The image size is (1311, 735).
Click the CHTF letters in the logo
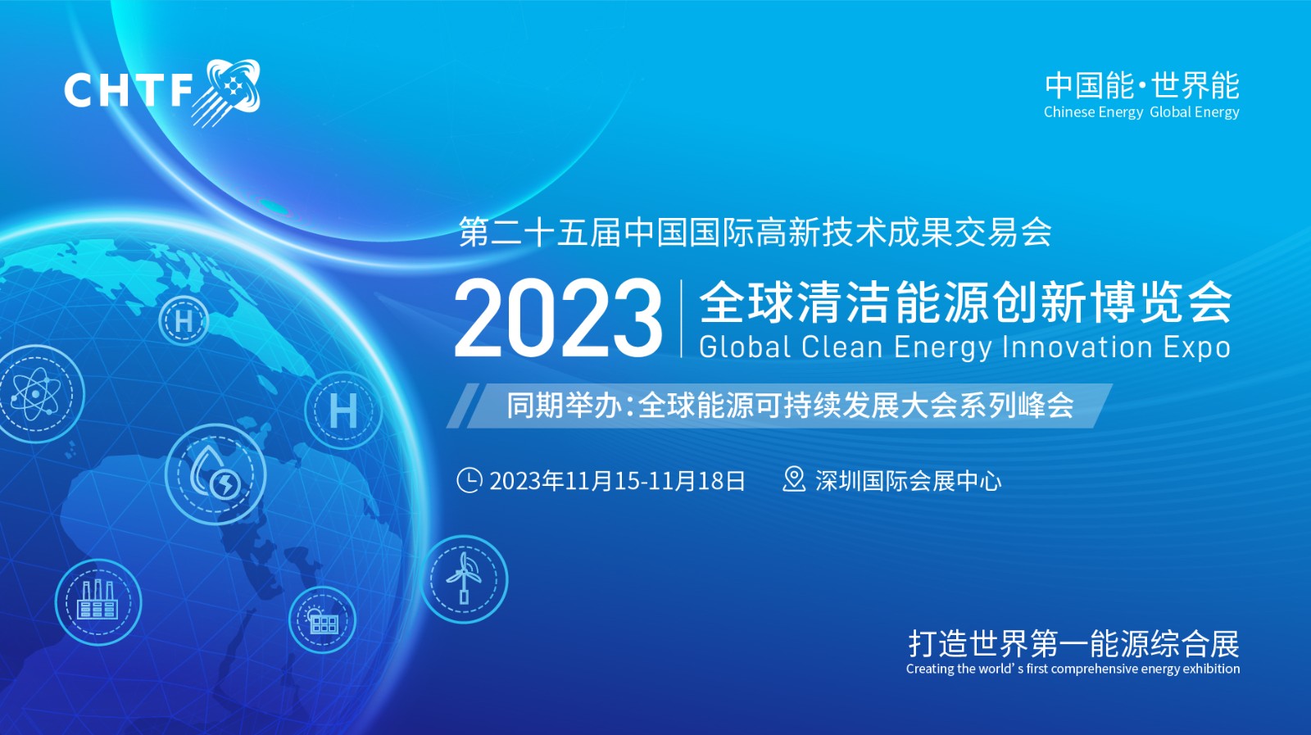(128, 90)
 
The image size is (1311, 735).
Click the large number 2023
(558, 318)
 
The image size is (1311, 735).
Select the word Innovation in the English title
(1077, 347)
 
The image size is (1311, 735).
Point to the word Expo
(1196, 348)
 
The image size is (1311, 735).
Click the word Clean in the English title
(841, 347)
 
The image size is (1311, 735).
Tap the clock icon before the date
(470, 480)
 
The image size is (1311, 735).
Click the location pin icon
(794, 479)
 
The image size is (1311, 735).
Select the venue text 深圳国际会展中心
(909, 481)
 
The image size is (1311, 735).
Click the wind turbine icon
(464, 578)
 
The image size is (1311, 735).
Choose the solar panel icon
(323, 620)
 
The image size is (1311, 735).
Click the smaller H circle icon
(184, 320)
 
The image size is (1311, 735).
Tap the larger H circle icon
(343, 411)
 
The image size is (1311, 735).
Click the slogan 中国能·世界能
(1142, 86)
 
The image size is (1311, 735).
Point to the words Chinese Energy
(1093, 111)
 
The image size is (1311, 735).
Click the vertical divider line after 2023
(681, 319)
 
